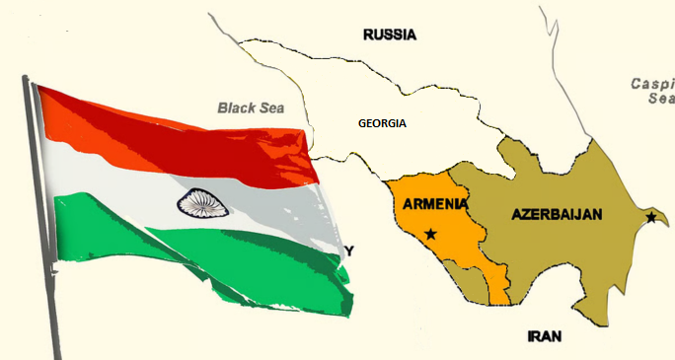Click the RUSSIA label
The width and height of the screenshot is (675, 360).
point(390,35)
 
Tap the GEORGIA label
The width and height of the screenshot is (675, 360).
point(382,123)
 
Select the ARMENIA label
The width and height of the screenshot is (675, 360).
point(435,205)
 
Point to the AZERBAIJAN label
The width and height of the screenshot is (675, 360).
point(558,214)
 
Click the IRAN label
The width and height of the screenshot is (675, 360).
point(545,335)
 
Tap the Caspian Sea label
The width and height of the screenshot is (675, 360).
point(653,91)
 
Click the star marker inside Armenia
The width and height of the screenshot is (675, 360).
point(430,234)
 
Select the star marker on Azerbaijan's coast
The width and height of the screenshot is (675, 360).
point(650,217)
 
